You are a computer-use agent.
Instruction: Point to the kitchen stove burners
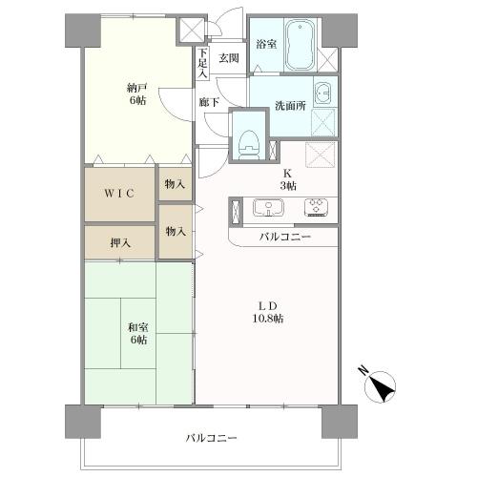tap(316, 208)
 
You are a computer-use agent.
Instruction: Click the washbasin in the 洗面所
tap(323, 93)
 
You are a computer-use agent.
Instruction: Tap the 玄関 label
tap(229, 58)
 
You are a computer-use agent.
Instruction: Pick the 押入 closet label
tap(119, 242)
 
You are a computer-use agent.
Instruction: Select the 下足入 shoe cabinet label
tap(202, 63)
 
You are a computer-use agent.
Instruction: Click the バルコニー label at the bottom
tap(211, 438)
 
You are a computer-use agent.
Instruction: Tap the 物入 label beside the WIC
tap(175, 183)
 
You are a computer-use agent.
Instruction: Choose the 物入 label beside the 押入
tap(175, 231)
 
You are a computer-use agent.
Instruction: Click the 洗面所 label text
tap(290, 106)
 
